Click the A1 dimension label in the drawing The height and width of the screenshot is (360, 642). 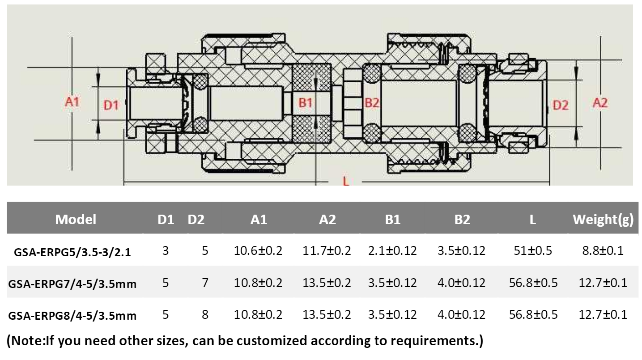click(x=72, y=102)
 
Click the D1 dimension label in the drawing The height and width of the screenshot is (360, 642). click(x=111, y=106)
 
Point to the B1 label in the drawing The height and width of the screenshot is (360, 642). click(x=305, y=103)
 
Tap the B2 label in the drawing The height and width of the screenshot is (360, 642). click(x=371, y=103)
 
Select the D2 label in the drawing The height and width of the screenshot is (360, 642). click(x=560, y=106)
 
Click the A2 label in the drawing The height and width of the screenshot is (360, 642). click(x=600, y=103)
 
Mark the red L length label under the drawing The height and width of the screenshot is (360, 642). click(x=345, y=182)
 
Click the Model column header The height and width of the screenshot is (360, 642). click(x=76, y=219)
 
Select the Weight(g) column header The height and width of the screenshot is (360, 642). click(x=603, y=219)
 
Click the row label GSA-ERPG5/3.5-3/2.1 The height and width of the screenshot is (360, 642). click(x=72, y=252)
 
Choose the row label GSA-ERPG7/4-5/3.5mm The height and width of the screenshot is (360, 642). click(x=72, y=284)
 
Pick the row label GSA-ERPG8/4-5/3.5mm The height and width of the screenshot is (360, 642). click(x=72, y=316)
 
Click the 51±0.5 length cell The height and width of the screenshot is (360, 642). click(x=533, y=250)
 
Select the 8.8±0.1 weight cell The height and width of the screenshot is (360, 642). click(x=603, y=250)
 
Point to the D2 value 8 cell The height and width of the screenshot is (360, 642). click(x=205, y=314)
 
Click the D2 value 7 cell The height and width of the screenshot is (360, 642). click(x=205, y=283)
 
